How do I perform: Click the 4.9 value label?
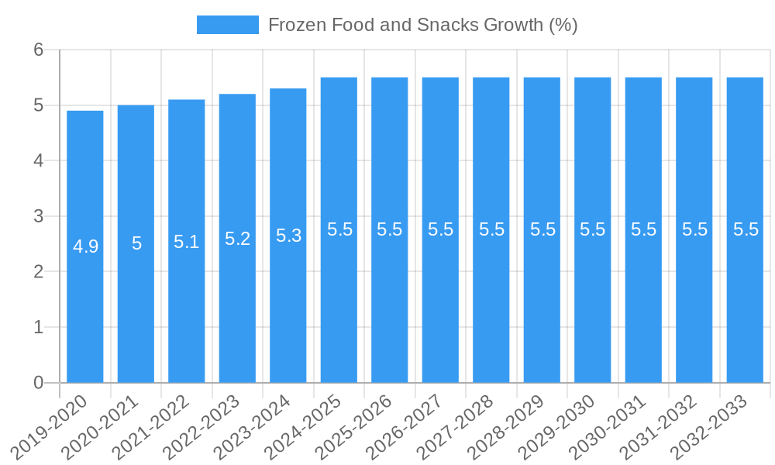pos(85,246)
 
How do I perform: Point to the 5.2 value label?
pos(237,239)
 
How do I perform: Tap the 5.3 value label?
pos(288,236)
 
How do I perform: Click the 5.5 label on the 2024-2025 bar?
pos(339,229)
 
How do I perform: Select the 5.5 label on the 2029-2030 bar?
pos(593,229)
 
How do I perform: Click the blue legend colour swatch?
pos(228,25)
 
